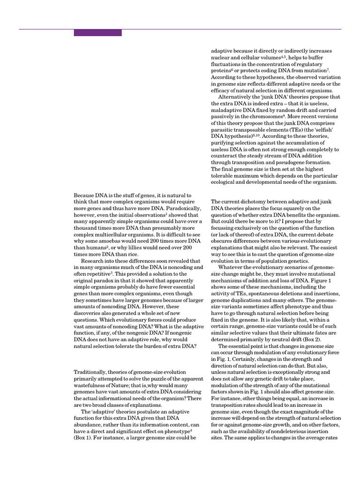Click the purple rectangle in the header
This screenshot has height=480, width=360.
(97, 33)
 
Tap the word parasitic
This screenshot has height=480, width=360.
(224, 130)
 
